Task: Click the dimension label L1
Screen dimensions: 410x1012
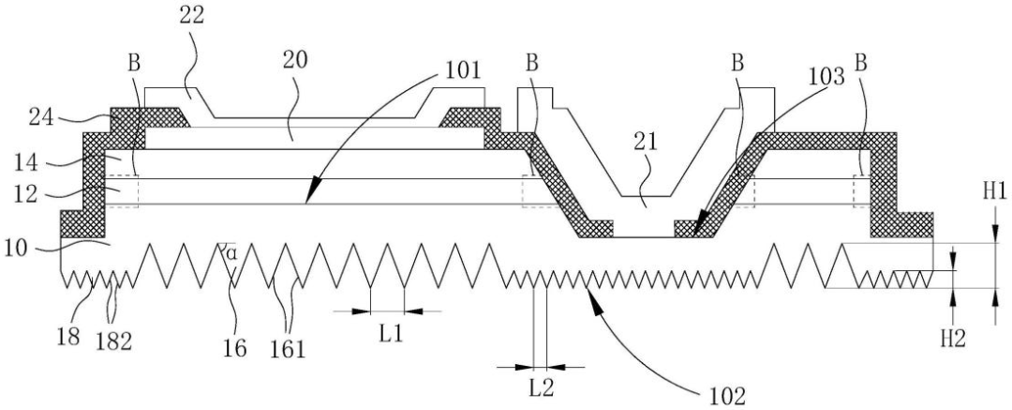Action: pos(386,332)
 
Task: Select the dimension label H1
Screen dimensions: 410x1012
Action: pos(993,192)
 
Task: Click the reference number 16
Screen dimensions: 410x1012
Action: pos(234,348)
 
